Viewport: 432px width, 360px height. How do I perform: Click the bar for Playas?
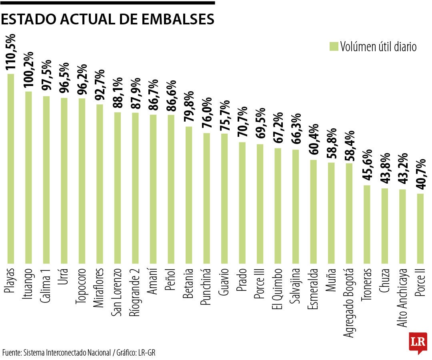click(x=11, y=168)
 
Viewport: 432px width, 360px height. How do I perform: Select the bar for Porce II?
click(x=420, y=228)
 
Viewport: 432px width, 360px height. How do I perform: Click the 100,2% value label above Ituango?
click(x=29, y=71)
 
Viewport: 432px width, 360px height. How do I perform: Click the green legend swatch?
click(x=334, y=46)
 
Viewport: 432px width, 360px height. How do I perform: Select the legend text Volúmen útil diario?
click(x=378, y=47)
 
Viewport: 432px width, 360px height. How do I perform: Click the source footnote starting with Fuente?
click(x=78, y=353)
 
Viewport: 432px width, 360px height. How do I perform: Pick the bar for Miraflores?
click(x=100, y=184)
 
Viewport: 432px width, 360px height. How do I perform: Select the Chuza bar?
click(x=384, y=226)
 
